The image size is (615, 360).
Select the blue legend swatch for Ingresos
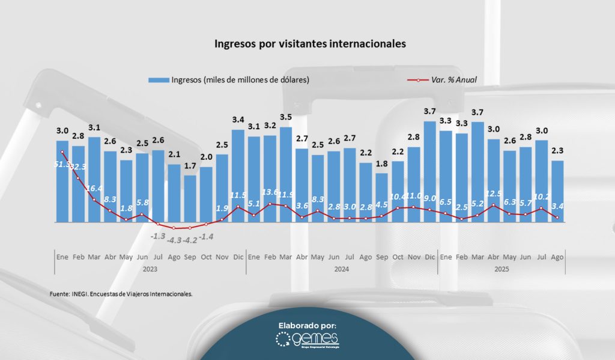point(159,79)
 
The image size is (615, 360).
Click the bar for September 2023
point(190,198)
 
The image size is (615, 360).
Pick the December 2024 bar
point(429,172)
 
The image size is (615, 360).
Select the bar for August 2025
point(557,191)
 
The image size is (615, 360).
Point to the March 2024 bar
point(286,174)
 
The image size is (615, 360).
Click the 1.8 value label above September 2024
point(381,163)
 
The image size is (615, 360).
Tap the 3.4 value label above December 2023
point(238,120)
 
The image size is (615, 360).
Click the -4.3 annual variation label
point(174,240)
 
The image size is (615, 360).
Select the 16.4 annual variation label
point(94,188)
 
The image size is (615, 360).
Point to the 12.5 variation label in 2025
point(493,193)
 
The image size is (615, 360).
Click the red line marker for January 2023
point(62,152)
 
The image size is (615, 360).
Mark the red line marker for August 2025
point(557,218)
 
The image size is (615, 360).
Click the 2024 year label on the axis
point(342,269)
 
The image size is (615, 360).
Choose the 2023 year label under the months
point(150,269)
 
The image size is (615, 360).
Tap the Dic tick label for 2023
point(238,257)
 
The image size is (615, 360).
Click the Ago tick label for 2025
point(557,257)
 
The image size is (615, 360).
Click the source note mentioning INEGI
point(121,294)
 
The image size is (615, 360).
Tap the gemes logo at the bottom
point(307,340)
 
